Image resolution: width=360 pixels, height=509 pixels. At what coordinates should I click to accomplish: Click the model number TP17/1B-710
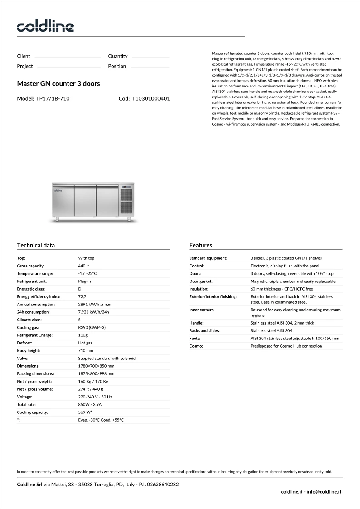pos(53,98)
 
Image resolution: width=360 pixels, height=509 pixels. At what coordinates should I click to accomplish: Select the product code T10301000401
pos(151,98)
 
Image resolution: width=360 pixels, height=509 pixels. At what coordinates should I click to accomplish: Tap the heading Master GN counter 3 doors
pos(58,84)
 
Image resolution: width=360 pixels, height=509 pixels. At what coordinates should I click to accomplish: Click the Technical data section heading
pos(36,245)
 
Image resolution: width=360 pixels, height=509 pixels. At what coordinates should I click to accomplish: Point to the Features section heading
pos(200,245)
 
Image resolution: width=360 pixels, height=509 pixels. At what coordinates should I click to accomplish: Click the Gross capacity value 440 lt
pos(84,266)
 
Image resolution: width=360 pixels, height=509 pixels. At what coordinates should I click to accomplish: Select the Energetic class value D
pos(80,289)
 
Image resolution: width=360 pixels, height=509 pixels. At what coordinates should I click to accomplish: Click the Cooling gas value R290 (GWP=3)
pos(92,327)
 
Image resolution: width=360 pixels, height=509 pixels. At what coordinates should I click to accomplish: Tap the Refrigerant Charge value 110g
pos(83,335)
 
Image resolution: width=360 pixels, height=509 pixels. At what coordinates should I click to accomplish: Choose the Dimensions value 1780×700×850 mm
pos(96,366)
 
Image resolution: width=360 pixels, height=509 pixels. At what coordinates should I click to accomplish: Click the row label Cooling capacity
pos(32,412)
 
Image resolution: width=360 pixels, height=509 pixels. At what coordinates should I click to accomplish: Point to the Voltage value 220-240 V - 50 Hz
pos(95,397)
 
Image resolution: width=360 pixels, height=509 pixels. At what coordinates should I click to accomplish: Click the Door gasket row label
pos(201,281)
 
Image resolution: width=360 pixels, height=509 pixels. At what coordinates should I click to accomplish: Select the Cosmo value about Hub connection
pos(286,346)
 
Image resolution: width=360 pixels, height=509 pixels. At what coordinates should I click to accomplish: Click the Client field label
pos(24,56)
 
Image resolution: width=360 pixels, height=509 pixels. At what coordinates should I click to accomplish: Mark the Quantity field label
pos(118,56)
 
